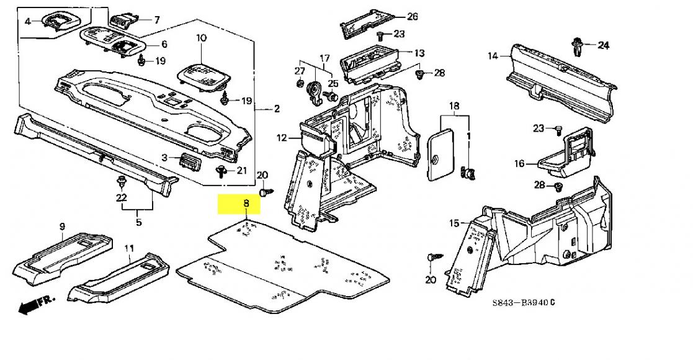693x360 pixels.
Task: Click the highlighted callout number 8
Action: (246, 204)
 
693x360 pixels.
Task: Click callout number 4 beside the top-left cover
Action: (27, 20)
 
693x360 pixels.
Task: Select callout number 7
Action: (157, 19)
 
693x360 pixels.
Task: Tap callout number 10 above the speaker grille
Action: (201, 38)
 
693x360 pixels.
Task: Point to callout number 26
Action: (412, 16)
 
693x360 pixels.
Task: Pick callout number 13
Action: (419, 53)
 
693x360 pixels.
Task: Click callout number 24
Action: (603, 45)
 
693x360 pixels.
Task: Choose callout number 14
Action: (493, 56)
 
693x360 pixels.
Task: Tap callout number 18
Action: (454, 106)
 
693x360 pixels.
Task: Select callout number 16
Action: (519, 164)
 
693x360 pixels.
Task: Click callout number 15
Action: (454, 223)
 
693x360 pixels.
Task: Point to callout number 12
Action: (282, 138)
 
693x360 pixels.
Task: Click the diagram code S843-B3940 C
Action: (524, 302)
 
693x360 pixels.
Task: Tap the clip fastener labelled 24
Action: (577, 47)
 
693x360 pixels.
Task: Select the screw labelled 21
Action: (220, 171)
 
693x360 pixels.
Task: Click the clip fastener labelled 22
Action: (120, 181)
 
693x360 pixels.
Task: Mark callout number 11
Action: (128, 248)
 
